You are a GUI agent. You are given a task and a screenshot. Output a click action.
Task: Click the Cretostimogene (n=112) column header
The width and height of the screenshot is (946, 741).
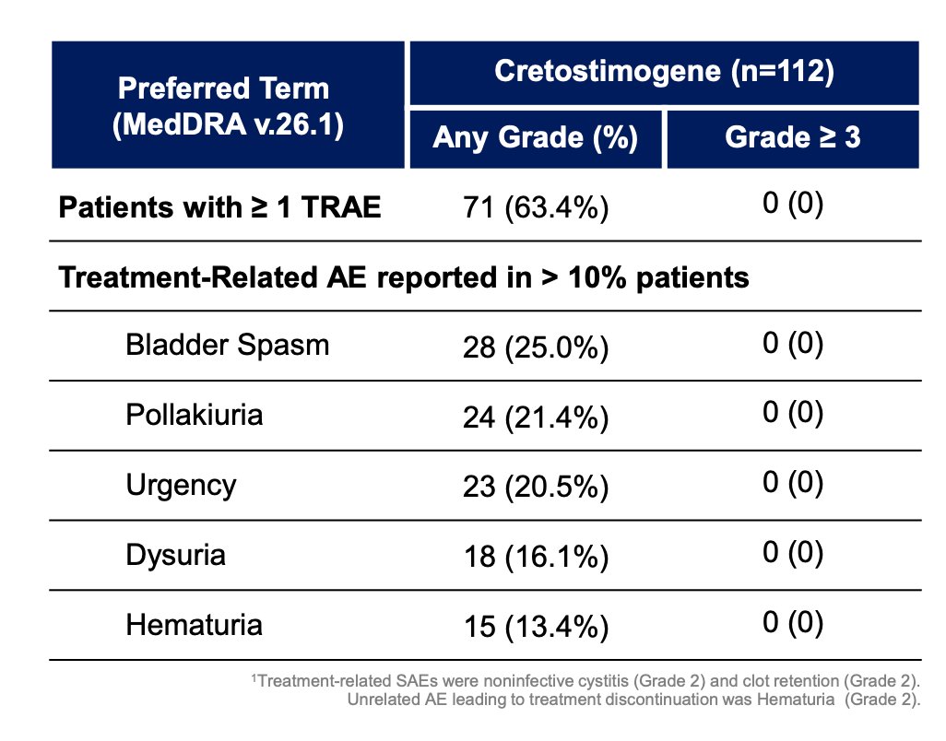coord(664,73)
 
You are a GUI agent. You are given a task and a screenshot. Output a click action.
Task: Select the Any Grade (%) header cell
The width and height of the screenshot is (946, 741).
coord(536,138)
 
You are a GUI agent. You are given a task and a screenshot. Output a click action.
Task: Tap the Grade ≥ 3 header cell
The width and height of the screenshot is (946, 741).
coord(793,138)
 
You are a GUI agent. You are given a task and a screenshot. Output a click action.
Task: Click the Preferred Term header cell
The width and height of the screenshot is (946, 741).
coord(228,105)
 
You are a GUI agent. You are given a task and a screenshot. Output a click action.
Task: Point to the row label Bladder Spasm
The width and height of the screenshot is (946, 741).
coord(228,345)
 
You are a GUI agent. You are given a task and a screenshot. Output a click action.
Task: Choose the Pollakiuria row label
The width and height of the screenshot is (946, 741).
coord(195,415)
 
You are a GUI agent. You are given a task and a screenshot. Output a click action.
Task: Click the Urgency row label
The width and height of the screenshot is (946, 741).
coord(181,486)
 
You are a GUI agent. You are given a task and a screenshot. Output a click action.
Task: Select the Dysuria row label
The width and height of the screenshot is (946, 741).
coord(175,555)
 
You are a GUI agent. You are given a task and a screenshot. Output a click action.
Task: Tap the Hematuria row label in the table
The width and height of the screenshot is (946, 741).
coord(195,625)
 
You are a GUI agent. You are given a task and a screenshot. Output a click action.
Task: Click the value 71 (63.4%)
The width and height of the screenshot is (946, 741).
coord(536,208)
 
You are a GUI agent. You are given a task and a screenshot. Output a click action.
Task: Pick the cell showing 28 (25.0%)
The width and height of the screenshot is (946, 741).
coord(536,347)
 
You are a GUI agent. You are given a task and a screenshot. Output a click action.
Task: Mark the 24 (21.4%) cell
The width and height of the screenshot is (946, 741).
coord(536,418)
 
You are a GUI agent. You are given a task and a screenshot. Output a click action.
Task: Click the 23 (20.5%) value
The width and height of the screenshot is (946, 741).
coord(536,488)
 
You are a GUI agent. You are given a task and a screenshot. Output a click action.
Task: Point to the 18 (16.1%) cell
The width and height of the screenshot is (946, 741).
coord(536,557)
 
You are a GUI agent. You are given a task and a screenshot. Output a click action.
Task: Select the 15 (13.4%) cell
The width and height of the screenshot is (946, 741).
coord(536,627)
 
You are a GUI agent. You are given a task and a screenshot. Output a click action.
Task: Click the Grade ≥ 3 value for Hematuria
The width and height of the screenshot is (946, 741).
coord(793,622)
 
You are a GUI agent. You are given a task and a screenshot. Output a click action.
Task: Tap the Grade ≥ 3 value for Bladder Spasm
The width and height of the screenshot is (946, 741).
coord(793,343)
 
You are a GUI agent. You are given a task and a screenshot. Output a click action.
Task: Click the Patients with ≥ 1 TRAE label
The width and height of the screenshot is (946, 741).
coord(219,207)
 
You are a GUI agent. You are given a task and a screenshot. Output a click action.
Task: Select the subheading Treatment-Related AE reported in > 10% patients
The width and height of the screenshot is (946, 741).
coord(404,278)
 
